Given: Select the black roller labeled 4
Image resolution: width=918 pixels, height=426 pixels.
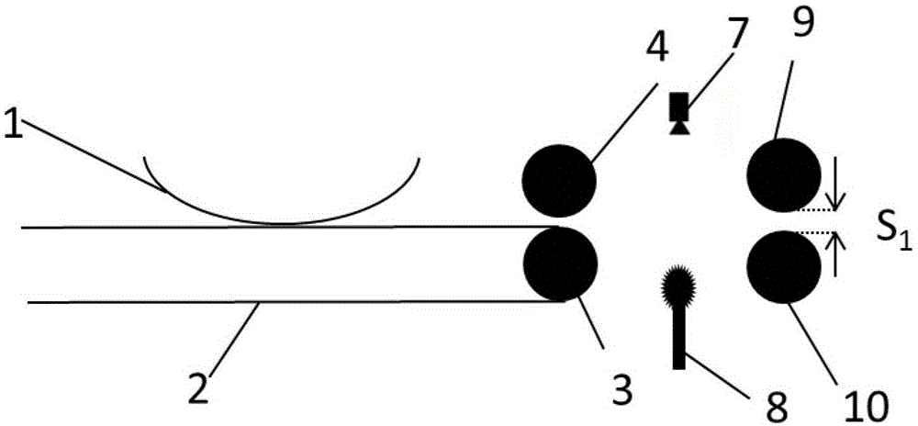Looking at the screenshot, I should point(557,179).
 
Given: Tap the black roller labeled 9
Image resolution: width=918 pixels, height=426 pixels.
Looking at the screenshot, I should point(784,174).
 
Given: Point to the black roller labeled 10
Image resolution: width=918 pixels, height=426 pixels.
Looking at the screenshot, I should point(784,267).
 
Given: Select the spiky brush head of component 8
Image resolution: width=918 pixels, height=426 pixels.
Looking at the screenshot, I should point(679,288).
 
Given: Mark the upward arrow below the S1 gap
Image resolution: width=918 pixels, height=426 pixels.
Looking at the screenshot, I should point(834,254).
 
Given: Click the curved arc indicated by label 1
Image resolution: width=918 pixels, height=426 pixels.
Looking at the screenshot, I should point(285,218).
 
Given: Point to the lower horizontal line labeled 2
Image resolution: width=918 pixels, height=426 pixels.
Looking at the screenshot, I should point(275,302).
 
